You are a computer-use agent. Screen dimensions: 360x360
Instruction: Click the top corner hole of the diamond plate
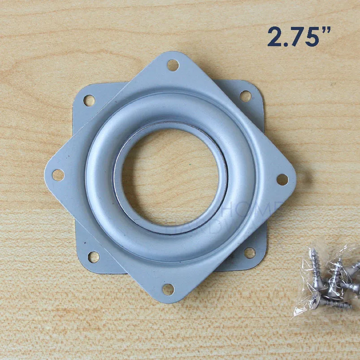coord(173,65)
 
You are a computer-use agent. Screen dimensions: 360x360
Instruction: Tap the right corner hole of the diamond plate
coord(282,179)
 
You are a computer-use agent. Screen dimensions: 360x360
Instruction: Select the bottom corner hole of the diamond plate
coord(168,289)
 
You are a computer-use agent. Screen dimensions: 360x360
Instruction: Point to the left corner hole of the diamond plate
coord(58,175)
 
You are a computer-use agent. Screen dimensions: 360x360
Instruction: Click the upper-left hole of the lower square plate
coord(89,100)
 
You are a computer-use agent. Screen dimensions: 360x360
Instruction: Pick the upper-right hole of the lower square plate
coord(245,96)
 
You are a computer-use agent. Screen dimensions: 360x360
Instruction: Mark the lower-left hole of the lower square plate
coord(93,257)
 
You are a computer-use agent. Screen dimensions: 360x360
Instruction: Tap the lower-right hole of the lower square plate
coord(250,253)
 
